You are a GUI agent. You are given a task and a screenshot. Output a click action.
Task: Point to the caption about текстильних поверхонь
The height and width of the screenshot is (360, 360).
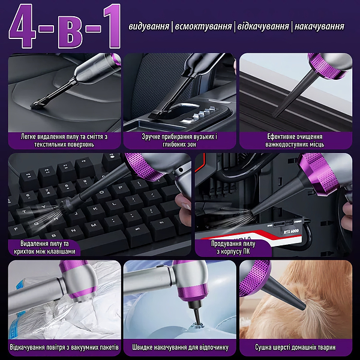[x=64, y=140]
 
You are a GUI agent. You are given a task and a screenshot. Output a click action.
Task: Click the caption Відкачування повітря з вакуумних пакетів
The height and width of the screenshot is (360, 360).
[x=64, y=347]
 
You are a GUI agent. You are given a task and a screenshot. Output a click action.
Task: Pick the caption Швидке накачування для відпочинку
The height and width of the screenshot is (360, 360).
[x=180, y=347]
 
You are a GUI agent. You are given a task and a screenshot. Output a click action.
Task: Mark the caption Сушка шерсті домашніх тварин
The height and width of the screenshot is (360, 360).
[x=295, y=347]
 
